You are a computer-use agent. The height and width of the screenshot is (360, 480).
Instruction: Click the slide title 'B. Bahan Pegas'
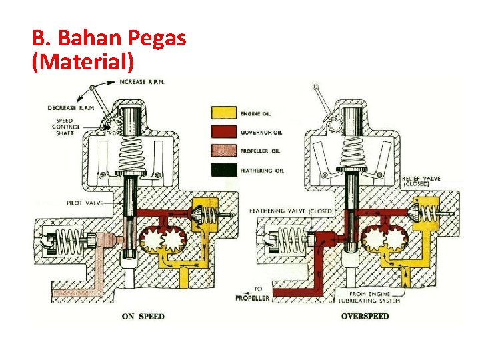pos(108,38)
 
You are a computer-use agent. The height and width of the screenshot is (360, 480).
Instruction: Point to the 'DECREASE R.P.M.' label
pos(72,107)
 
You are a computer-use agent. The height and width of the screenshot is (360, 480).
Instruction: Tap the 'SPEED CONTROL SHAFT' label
pos(69,126)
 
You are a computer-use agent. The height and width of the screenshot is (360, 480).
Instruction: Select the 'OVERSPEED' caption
pos(365,316)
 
